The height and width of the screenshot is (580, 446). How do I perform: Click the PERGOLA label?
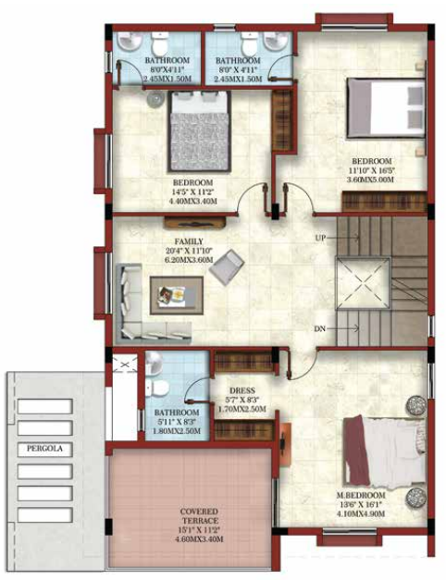pyautogui.click(x=44, y=448)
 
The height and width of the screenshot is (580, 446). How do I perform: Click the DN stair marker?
pyautogui.click(x=319, y=328)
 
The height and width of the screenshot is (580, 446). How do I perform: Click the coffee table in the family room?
pyautogui.click(x=173, y=297)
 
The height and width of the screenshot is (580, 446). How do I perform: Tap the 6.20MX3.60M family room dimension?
pyautogui.click(x=192, y=260)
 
